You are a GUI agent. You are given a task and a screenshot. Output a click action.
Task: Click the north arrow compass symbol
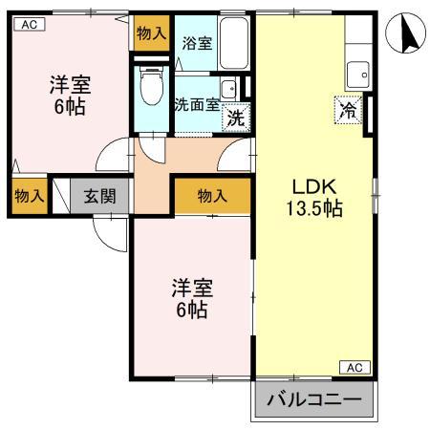point(405,35)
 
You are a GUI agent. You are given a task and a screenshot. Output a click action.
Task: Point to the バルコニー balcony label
point(312,399)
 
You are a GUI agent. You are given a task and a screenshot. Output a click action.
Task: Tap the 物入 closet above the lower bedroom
point(212,196)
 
